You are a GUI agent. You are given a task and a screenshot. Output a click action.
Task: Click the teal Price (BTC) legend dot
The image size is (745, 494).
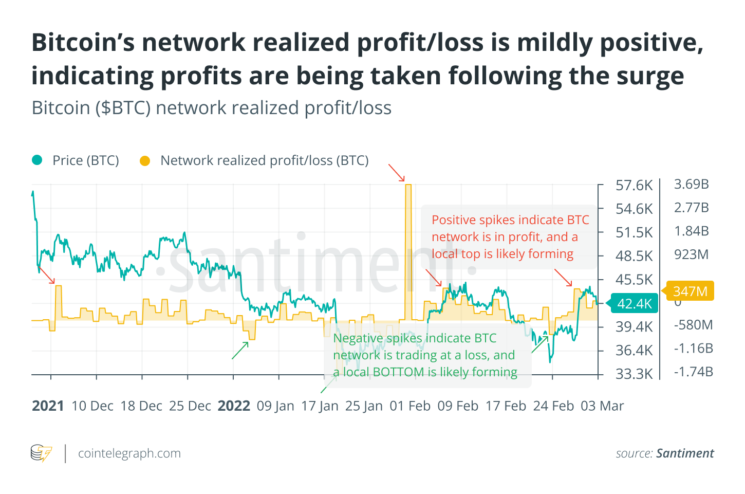(x=37, y=160)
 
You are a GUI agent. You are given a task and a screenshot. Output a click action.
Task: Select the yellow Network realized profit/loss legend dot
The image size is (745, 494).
(x=145, y=161)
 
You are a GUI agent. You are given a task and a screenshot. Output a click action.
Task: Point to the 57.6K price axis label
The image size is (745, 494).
(x=634, y=185)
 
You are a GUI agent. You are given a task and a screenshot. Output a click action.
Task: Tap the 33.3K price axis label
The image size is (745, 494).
(x=634, y=374)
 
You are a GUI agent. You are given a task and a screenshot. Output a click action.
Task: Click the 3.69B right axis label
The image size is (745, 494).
(x=691, y=184)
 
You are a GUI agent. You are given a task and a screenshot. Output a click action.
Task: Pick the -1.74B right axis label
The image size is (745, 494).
(x=693, y=372)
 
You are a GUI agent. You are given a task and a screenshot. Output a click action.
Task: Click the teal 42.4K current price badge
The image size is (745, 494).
(x=634, y=303)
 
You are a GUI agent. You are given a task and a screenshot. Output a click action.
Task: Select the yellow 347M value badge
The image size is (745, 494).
(x=690, y=291)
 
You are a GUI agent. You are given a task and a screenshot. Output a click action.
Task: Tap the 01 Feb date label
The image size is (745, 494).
(x=410, y=406)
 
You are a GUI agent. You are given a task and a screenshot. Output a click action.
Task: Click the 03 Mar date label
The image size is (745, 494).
(x=602, y=406)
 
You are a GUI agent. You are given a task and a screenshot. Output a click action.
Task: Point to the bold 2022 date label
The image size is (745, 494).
(x=234, y=406)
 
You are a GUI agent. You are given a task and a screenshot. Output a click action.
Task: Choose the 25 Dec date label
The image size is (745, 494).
(x=190, y=406)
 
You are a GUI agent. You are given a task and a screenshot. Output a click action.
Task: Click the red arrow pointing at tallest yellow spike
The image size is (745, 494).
(x=396, y=173)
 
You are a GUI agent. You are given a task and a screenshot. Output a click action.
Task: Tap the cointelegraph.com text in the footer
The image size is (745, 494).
(x=129, y=453)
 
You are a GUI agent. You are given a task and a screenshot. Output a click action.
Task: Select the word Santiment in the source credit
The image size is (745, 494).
(x=685, y=453)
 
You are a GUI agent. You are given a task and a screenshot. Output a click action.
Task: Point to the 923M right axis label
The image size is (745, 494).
(x=691, y=254)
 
